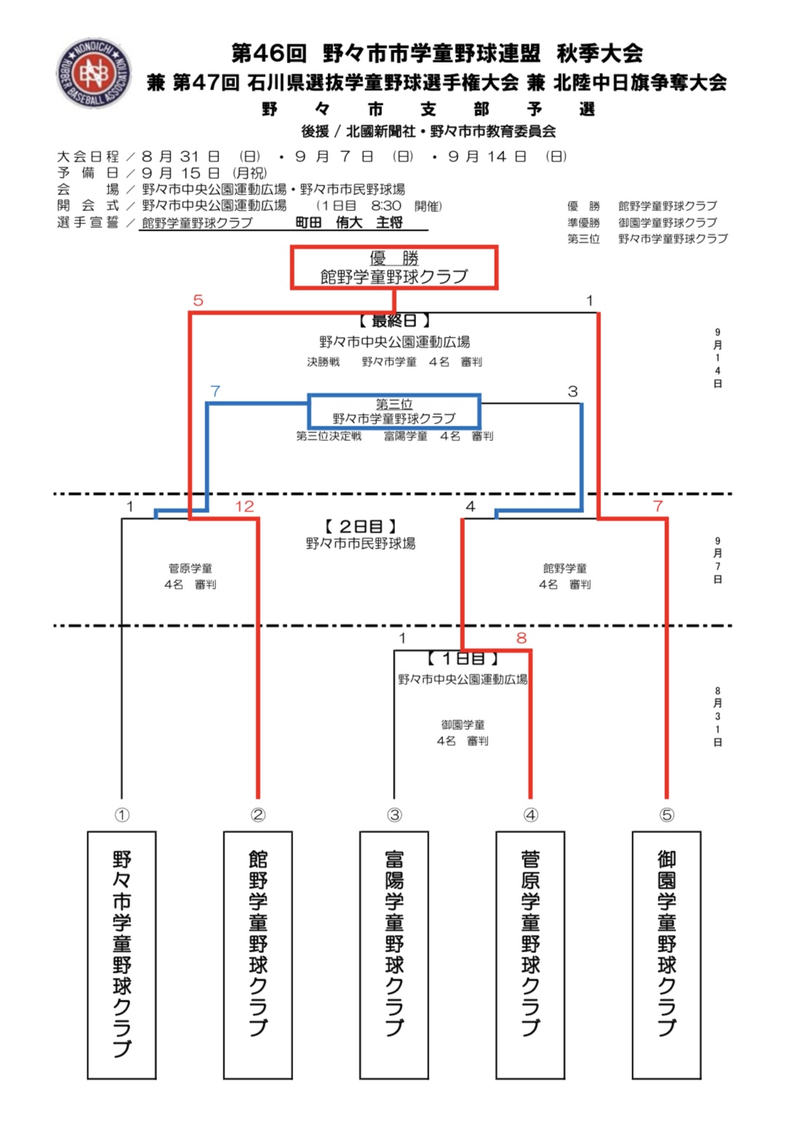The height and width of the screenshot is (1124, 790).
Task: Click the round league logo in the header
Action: (x=94, y=73)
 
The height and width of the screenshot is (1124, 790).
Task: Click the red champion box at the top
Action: (x=394, y=268)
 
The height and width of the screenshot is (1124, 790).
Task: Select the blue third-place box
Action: (x=394, y=412)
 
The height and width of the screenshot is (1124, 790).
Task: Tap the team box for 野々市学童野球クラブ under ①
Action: (x=121, y=954)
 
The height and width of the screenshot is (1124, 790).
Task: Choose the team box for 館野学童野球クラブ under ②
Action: (x=258, y=954)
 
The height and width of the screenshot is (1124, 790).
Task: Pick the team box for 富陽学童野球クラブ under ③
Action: (x=394, y=954)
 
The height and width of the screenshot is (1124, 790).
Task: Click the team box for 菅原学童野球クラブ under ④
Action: (x=530, y=954)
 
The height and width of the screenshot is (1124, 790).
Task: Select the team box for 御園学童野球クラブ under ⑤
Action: (x=666, y=954)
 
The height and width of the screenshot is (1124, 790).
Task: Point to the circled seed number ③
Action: (x=394, y=815)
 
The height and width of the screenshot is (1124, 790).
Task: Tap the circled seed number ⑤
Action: (x=666, y=815)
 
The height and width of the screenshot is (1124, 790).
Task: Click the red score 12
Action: (x=244, y=506)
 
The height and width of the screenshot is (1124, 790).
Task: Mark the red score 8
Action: (x=521, y=638)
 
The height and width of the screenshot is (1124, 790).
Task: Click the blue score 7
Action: (x=215, y=391)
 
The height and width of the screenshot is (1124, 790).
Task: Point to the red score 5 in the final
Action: (x=198, y=300)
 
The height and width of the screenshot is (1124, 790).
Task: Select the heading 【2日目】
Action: (x=361, y=526)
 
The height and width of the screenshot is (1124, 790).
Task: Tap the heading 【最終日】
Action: (x=394, y=320)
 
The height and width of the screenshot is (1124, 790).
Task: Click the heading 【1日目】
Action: (x=463, y=658)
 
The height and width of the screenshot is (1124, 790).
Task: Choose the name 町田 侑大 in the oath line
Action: (x=329, y=223)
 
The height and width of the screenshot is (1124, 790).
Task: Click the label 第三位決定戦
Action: (x=329, y=436)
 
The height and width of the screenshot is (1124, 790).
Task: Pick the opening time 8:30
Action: (x=386, y=206)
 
